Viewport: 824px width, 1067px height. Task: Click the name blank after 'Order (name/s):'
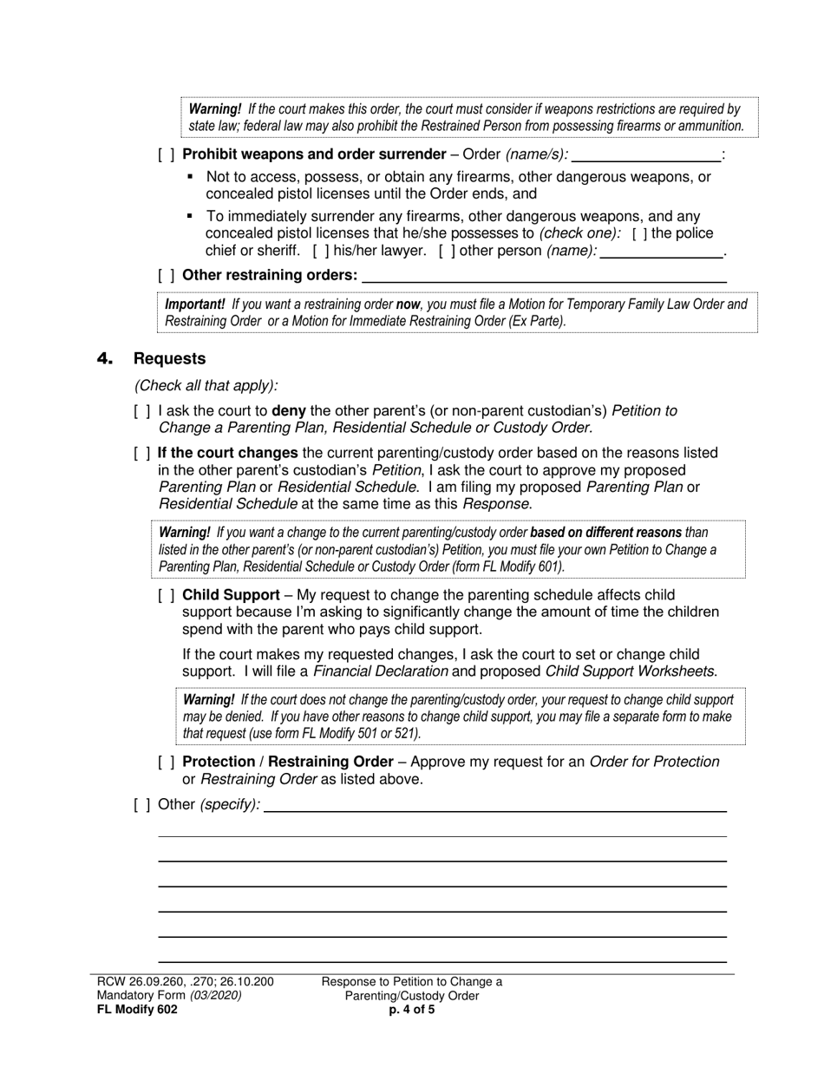[x=646, y=156]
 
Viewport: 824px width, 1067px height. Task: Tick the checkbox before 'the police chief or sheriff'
[x=639, y=233]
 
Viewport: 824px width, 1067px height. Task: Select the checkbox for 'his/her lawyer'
[x=320, y=251]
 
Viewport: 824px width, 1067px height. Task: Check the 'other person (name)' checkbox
[x=447, y=251]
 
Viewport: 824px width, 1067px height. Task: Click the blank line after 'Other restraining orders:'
[x=544, y=277]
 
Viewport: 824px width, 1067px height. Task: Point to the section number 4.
[x=105, y=358]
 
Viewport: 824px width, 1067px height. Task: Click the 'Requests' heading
[x=169, y=358]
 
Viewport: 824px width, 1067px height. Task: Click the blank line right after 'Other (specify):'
[x=494, y=805]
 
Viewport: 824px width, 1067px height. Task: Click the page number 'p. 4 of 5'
[x=412, y=1010]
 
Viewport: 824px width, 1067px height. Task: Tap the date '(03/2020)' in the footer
[x=216, y=996]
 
